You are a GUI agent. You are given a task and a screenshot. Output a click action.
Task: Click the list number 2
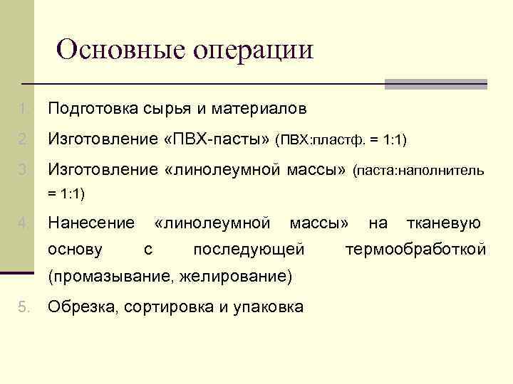click(x=24, y=139)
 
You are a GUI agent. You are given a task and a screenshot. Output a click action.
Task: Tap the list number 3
click(x=24, y=169)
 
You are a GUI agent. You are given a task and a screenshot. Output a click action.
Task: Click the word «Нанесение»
click(x=91, y=223)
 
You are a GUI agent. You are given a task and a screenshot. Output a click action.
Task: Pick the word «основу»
click(x=74, y=250)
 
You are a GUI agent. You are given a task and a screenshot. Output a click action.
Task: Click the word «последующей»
click(x=249, y=250)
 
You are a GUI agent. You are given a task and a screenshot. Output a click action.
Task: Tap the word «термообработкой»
click(x=415, y=250)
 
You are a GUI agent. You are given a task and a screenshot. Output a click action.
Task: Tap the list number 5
click(x=24, y=307)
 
